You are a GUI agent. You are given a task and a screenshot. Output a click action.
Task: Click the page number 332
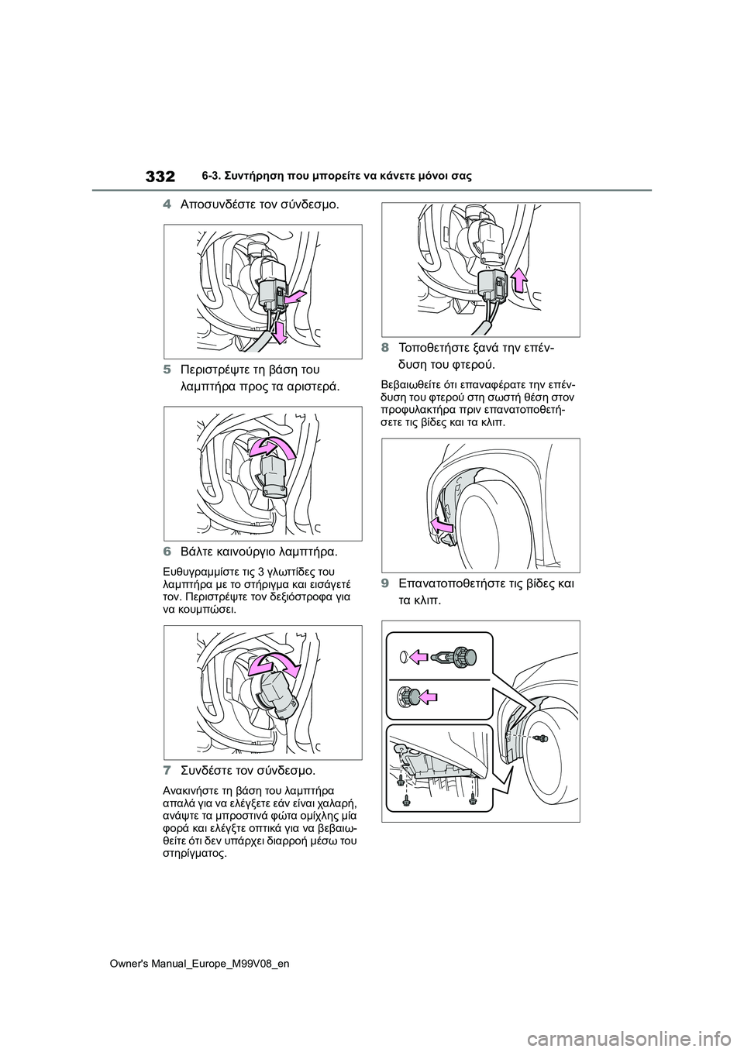pos(160,177)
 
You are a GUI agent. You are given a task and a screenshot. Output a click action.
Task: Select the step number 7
pos(167,772)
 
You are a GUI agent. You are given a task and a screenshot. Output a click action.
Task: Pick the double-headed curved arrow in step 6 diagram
pos(277,664)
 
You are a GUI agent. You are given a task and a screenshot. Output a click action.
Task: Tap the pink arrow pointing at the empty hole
pos(419,657)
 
